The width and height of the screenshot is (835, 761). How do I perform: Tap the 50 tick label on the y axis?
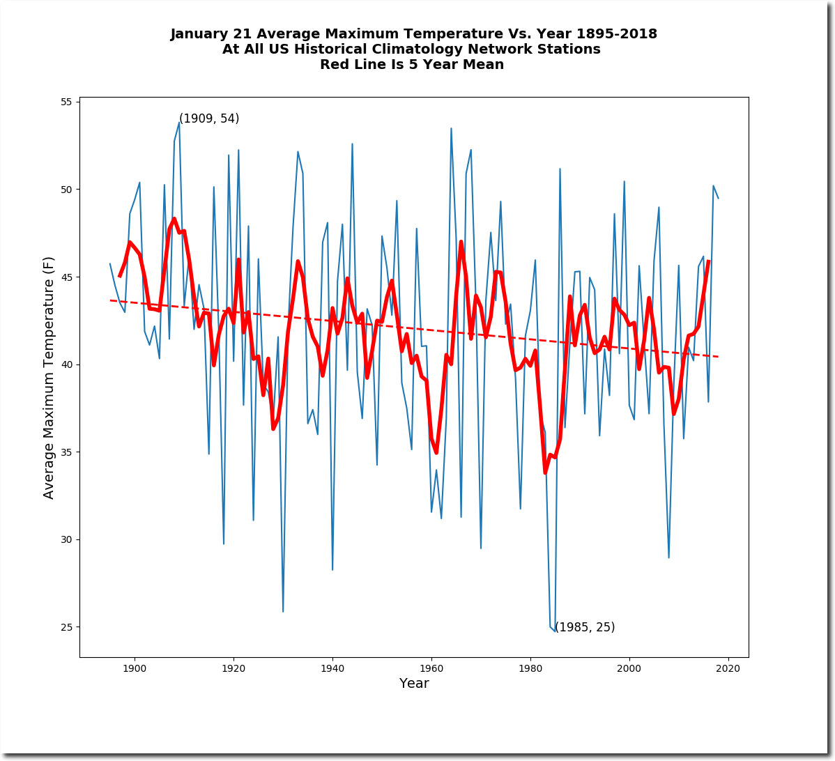(66, 190)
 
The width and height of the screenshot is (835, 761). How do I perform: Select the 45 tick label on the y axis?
(66, 277)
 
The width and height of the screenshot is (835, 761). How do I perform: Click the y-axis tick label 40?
(66, 364)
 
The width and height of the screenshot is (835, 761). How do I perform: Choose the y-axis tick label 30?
(66, 539)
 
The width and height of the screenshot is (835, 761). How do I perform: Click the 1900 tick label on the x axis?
(135, 668)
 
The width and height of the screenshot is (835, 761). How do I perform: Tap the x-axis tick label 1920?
(233, 668)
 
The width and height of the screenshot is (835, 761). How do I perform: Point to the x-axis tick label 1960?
(431, 668)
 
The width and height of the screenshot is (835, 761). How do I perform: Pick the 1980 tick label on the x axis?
(530, 668)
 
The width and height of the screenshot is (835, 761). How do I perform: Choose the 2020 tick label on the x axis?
(728, 668)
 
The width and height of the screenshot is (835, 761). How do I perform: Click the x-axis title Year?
(414, 683)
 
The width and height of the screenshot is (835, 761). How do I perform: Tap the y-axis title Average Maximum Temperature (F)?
(49, 378)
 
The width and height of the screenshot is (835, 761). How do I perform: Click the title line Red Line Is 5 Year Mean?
(412, 64)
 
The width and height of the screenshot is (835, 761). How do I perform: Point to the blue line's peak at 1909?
(179, 123)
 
